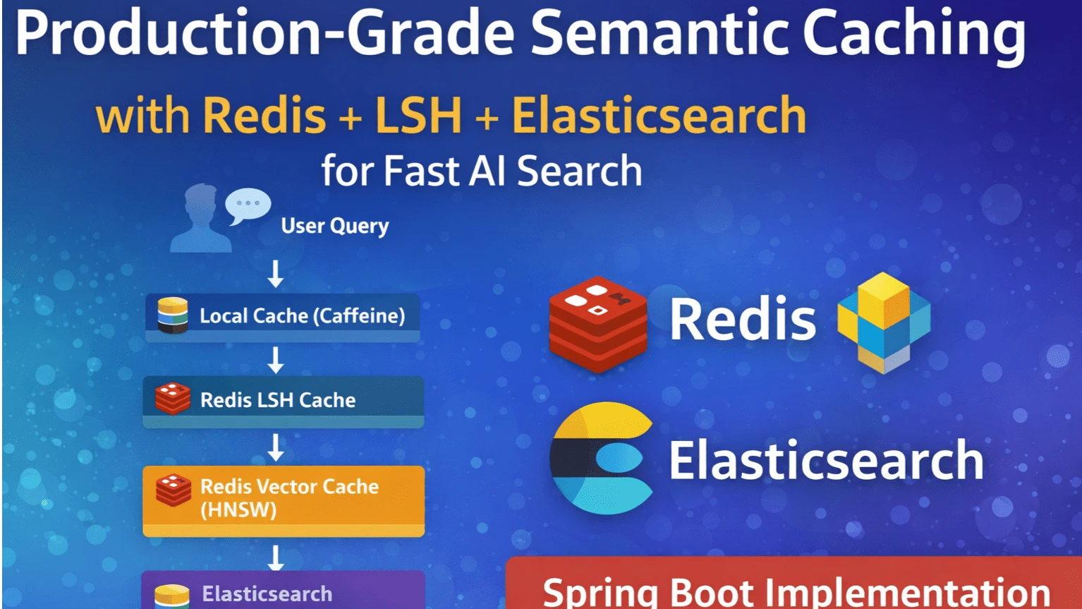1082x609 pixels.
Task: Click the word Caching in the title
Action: point(914,35)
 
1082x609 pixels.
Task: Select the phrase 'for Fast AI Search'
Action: point(482,171)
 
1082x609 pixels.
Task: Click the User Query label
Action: point(334,226)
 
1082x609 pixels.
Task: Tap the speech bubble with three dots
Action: point(248,205)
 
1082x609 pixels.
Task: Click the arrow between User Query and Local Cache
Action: point(276,273)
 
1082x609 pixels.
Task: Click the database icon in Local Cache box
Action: point(173,315)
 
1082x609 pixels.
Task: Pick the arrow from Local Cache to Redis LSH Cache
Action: point(276,359)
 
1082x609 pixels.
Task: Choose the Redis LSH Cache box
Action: point(283,400)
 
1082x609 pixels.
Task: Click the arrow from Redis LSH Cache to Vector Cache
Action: point(276,447)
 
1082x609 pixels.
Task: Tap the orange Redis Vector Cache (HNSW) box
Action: point(284,499)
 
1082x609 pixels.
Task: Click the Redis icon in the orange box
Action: point(174,490)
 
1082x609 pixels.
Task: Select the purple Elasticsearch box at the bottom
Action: point(283,591)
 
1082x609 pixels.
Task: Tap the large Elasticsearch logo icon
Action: point(602,458)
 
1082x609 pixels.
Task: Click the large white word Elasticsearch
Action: point(826,460)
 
